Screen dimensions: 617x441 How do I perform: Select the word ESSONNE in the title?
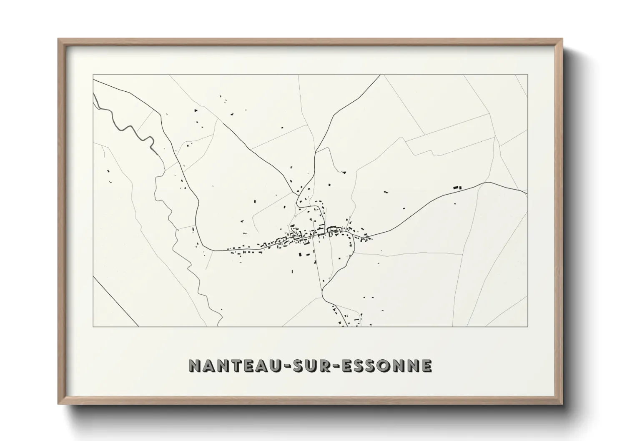click(x=387, y=365)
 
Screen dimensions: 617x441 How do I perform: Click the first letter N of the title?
click(x=194, y=365)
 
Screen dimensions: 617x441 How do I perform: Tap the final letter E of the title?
click(x=426, y=365)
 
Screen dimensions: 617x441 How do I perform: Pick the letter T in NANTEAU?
click(x=236, y=365)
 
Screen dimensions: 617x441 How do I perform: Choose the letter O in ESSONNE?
click(x=390, y=365)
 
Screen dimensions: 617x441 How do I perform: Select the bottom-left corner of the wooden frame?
click(x=58, y=404)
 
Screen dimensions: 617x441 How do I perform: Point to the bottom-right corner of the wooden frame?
click(x=562, y=404)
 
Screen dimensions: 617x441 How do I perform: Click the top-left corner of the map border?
click(x=93, y=75)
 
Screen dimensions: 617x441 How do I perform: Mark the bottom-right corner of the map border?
click(x=527, y=326)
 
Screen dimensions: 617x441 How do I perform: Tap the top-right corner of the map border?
click(x=527, y=75)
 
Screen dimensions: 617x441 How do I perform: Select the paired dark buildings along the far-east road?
click(x=457, y=188)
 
